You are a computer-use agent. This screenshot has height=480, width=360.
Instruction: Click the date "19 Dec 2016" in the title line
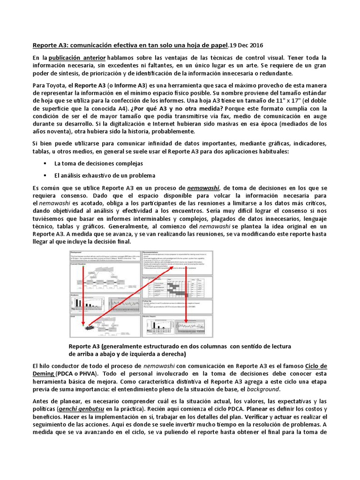(x=247, y=45)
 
